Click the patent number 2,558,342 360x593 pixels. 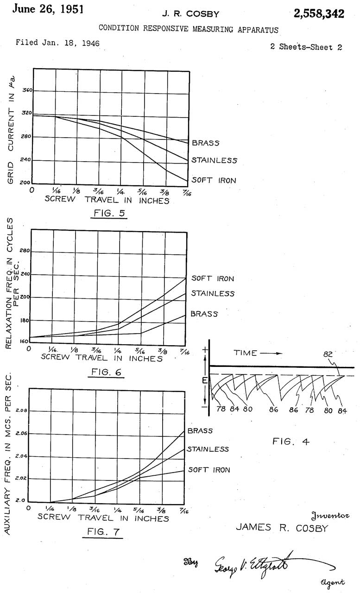click(x=319, y=14)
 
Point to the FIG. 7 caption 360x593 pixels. click(x=103, y=532)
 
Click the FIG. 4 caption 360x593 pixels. click(x=291, y=442)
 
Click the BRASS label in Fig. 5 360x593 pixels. click(x=206, y=143)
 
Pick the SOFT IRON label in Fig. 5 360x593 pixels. click(x=214, y=180)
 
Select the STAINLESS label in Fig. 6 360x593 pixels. click(x=213, y=293)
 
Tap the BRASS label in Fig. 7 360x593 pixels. click(x=200, y=431)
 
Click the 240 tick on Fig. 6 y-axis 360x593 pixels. click(x=25, y=274)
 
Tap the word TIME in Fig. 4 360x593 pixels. click(x=245, y=353)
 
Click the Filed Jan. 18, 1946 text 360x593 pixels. click(x=57, y=43)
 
